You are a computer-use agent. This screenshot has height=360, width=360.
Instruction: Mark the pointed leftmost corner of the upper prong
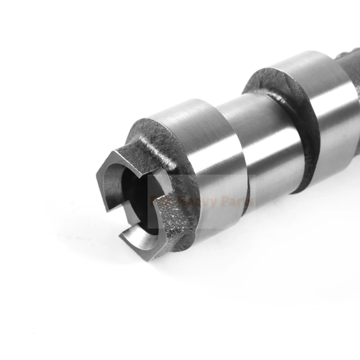click(x=98, y=175)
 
